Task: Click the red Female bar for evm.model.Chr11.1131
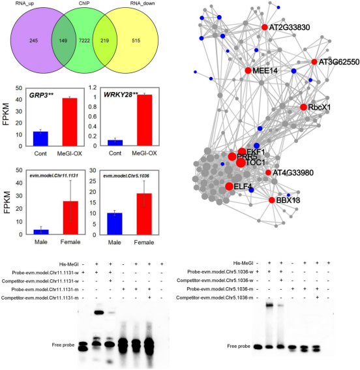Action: (65, 218)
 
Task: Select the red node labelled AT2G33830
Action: (264, 27)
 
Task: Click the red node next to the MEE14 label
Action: (248, 70)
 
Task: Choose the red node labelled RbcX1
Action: (303, 107)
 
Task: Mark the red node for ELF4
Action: (229, 187)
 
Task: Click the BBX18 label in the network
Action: (288, 200)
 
